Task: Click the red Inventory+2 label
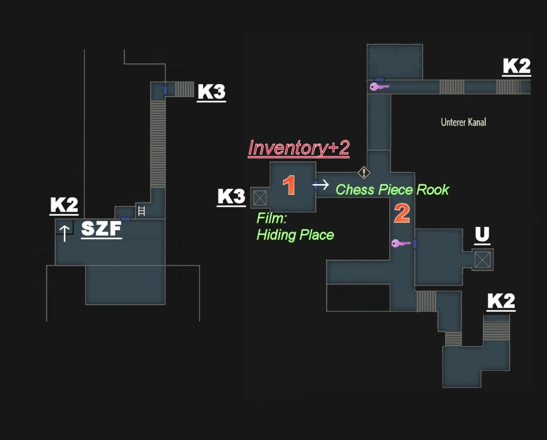(299, 148)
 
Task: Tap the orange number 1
(289, 185)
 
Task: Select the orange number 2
(402, 213)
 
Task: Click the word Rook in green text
(433, 190)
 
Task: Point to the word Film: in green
(272, 218)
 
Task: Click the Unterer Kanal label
(463, 122)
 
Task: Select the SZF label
(101, 229)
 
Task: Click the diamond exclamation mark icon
(364, 172)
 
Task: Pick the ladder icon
(142, 211)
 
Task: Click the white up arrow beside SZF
(64, 233)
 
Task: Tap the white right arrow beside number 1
(321, 184)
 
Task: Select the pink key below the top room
(379, 86)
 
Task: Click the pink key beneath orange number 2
(401, 243)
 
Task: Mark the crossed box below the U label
(483, 260)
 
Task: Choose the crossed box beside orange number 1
(260, 198)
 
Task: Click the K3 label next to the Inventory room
(231, 197)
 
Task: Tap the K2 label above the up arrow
(64, 205)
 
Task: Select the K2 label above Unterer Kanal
(516, 67)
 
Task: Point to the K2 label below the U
(501, 302)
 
